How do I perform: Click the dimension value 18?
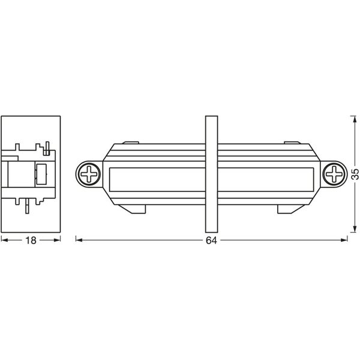point(31,241)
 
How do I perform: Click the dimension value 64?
point(211,241)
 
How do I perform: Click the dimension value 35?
point(355,174)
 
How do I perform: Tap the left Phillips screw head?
point(89,174)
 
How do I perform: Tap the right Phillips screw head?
point(334,174)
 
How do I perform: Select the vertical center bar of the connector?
point(211,174)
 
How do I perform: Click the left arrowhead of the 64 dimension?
point(79,240)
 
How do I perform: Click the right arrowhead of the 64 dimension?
point(344,240)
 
